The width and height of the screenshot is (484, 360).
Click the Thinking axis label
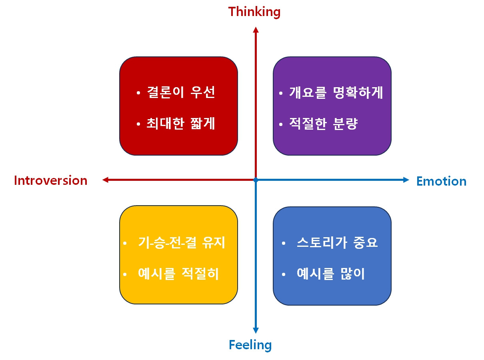click(254, 12)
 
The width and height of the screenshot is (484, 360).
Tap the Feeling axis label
click(250, 345)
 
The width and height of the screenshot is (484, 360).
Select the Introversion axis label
click(50, 180)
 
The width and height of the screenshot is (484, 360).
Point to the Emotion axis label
click(441, 181)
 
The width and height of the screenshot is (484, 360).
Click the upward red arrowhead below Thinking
click(256, 30)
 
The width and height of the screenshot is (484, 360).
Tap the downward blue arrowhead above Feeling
click(256, 330)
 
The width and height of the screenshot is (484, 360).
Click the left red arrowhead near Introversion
click(106, 180)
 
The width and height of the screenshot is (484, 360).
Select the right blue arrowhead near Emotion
click(406, 180)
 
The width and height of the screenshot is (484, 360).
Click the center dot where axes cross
click(256, 180)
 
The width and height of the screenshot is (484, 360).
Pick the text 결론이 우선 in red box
click(181, 93)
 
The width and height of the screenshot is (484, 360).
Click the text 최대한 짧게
click(181, 124)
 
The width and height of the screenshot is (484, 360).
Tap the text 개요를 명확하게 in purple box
click(336, 93)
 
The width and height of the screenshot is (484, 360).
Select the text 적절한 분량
click(323, 124)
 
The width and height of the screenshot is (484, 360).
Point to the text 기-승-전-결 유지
click(182, 243)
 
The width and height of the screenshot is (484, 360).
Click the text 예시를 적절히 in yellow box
click(178, 274)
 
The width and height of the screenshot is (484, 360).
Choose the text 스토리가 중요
click(337, 243)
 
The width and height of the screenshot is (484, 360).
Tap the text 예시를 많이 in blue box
click(331, 274)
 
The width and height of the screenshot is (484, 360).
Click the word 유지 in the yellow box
click(213, 243)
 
